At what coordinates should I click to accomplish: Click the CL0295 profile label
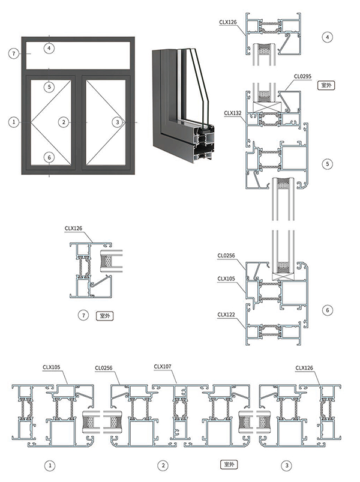click(x=302, y=76)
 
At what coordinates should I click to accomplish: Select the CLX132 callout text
click(x=233, y=113)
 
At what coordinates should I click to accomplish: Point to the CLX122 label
click(x=226, y=315)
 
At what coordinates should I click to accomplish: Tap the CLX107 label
click(x=163, y=367)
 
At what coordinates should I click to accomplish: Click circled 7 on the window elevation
click(x=14, y=54)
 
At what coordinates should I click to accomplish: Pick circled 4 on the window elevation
click(x=49, y=48)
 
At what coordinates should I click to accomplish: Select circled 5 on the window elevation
click(x=49, y=87)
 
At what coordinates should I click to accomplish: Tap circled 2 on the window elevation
click(x=64, y=122)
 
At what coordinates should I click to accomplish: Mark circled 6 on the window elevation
click(x=49, y=158)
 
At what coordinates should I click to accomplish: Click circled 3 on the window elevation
click(x=117, y=122)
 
